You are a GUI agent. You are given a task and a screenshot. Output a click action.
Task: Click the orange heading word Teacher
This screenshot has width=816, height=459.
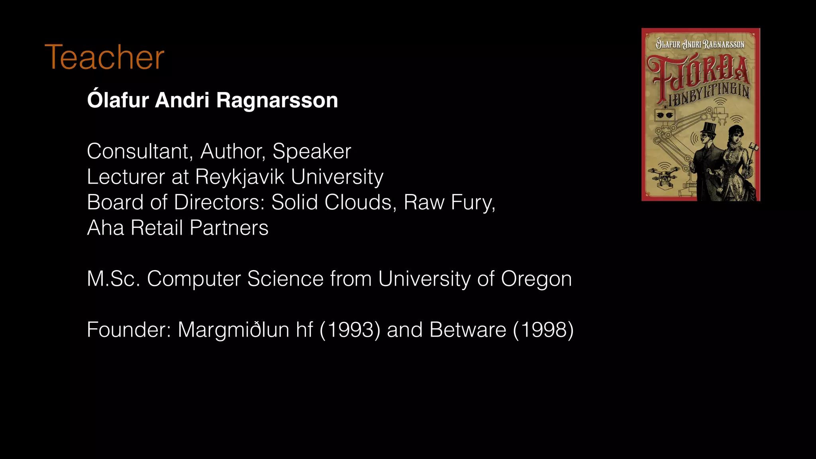click(104, 57)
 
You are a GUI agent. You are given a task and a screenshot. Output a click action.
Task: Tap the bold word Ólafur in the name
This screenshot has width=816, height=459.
click(118, 100)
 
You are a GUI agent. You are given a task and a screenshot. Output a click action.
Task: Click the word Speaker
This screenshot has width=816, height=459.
click(312, 151)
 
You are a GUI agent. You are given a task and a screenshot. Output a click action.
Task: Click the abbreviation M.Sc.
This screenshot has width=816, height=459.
click(114, 279)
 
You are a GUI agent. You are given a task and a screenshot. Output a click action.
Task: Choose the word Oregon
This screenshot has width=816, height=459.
click(536, 279)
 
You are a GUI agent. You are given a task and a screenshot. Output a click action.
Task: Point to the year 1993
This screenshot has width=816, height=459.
click(350, 330)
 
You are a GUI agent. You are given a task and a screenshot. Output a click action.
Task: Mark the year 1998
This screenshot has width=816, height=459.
click(543, 330)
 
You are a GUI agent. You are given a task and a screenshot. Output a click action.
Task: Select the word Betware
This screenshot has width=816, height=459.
click(468, 330)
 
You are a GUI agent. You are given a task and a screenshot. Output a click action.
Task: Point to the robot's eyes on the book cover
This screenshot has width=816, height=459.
click(665, 115)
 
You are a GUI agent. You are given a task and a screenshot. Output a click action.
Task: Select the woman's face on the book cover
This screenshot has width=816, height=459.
click(734, 136)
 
